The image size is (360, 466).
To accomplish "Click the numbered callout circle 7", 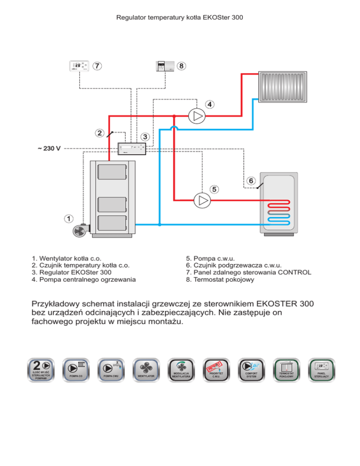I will pos(97,66).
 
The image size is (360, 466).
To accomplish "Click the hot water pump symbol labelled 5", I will pos(202,200).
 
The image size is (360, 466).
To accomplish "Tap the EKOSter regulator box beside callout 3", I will pos(132,149).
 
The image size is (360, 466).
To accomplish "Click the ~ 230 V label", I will pos(49,149).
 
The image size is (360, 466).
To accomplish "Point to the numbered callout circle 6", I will pos(251,180).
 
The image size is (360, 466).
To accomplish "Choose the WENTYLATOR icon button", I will pos(146,369).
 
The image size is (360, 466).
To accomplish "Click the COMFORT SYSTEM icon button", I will pos(251,369).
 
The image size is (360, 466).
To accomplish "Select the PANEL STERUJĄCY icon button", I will pos(321,369).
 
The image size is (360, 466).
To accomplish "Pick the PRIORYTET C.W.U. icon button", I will pos(216,369).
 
